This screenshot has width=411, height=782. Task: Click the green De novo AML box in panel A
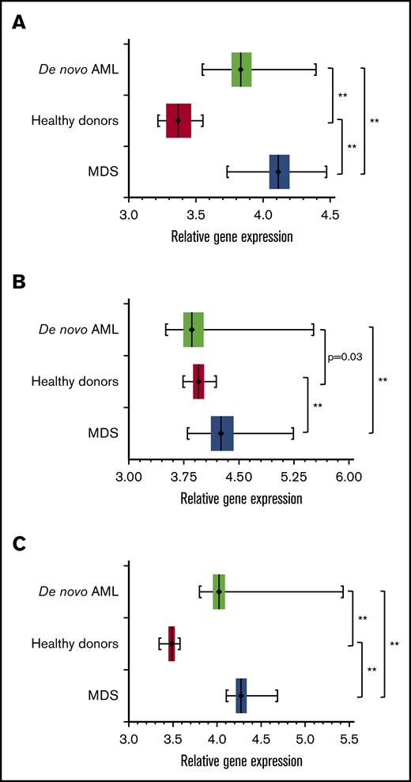coord(242,70)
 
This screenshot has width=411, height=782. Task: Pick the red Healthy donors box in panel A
coord(179,120)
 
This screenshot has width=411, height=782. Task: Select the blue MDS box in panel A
coord(279,172)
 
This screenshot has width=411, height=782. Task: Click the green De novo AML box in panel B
coord(193,329)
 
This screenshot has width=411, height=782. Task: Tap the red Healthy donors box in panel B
coord(198,381)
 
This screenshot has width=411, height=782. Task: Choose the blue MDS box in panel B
coord(222,433)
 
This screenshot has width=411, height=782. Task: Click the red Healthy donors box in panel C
coord(172,644)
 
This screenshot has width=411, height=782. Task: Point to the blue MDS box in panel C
coord(241,696)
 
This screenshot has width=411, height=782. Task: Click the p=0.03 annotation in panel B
coord(345,357)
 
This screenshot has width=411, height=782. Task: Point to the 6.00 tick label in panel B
coord(349,477)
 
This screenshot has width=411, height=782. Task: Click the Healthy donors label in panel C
coord(75,644)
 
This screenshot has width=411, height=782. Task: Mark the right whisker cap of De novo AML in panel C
coord(342,591)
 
